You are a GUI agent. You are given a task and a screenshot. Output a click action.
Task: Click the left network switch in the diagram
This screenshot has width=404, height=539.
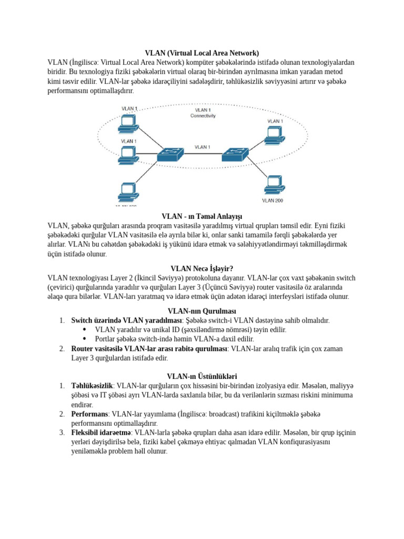(171, 154)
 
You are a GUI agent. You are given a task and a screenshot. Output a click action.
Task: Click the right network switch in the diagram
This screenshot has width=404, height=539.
(235, 154)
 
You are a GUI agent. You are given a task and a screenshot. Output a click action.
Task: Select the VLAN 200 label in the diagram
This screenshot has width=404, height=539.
(272, 201)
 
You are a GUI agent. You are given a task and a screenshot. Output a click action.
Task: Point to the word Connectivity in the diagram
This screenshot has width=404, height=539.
(203, 116)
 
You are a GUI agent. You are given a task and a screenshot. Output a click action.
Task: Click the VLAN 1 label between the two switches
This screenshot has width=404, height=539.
(203, 147)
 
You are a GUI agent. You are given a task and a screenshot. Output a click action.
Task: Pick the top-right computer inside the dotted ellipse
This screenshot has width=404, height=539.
(273, 135)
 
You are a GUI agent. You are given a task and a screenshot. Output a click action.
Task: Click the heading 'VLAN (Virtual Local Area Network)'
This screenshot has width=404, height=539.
(202, 53)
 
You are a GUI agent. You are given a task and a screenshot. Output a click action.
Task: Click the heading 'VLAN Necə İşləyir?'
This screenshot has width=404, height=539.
(202, 268)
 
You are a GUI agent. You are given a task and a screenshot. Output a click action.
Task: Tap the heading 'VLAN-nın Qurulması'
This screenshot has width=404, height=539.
(202, 311)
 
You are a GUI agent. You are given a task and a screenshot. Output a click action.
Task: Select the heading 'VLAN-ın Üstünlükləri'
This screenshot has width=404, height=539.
(202, 376)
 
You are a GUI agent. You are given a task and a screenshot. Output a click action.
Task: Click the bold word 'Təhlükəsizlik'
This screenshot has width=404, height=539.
(92, 386)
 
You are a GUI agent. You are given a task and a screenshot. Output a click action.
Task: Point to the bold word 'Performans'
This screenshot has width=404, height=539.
(89, 414)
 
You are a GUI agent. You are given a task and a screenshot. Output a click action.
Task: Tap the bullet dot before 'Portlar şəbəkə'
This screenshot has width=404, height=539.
(84, 340)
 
